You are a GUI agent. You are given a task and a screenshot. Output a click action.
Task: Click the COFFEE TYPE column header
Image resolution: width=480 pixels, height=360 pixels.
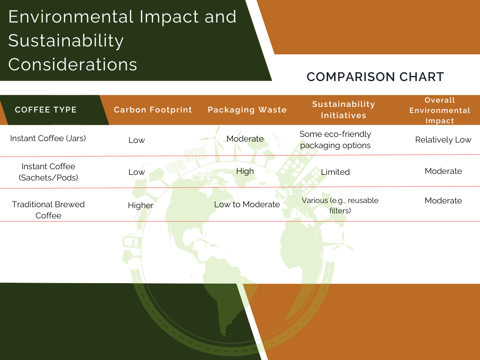[x=45, y=110]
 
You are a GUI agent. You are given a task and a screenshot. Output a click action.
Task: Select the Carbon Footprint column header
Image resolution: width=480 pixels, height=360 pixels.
[x=153, y=110]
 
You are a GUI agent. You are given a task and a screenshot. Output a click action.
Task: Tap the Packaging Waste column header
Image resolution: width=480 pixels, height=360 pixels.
[x=247, y=110]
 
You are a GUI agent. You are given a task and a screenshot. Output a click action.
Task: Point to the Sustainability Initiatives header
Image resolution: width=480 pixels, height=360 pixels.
[x=344, y=110]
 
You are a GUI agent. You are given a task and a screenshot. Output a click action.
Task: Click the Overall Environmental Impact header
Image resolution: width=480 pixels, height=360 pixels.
[x=440, y=110]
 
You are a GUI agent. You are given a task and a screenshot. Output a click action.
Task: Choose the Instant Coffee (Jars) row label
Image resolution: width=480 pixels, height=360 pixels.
[x=48, y=138]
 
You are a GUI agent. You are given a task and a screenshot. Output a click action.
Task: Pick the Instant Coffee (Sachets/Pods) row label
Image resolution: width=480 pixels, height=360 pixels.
[x=48, y=172]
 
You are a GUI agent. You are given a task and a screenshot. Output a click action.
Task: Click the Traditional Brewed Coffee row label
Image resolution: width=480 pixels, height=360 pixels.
[x=48, y=210]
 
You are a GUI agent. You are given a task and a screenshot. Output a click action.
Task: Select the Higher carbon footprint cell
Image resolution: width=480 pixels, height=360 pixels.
[x=141, y=205]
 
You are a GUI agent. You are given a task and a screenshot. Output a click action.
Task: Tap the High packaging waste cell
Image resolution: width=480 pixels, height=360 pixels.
[x=245, y=171]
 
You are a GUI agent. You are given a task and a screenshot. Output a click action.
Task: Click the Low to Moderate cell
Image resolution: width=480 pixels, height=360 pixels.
[x=247, y=204]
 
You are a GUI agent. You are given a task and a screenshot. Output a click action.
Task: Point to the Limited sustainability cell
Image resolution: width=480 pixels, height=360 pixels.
[x=335, y=172]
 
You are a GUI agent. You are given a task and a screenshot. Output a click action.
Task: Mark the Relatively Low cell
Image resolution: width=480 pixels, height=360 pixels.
[x=443, y=140]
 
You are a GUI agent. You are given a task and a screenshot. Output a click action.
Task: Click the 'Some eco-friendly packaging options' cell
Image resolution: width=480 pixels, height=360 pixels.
[x=335, y=140]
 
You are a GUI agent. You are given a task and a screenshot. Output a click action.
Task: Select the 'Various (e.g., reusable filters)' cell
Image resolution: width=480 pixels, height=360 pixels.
[x=340, y=205]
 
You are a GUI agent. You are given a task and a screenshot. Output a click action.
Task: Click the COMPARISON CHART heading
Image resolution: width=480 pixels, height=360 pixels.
[x=375, y=77]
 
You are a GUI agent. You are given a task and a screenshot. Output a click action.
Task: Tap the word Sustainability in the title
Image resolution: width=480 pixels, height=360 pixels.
[x=66, y=41]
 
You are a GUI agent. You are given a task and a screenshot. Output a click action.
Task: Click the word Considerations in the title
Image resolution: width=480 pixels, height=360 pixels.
[x=73, y=64]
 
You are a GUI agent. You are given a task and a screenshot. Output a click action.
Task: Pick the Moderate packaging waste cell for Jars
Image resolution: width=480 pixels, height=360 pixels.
[x=245, y=139]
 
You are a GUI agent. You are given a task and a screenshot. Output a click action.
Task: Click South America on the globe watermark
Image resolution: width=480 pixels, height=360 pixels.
[x=226, y=294]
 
